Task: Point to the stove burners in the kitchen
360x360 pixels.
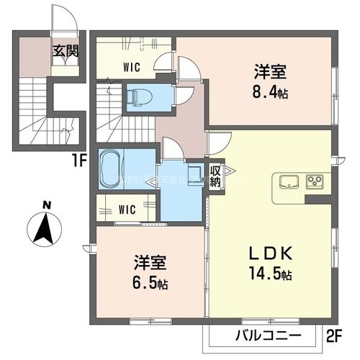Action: pyautogui.click(x=315, y=181)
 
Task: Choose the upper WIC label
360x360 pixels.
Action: pyautogui.click(x=131, y=68)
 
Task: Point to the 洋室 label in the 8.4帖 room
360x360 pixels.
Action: pyautogui.click(x=270, y=72)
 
